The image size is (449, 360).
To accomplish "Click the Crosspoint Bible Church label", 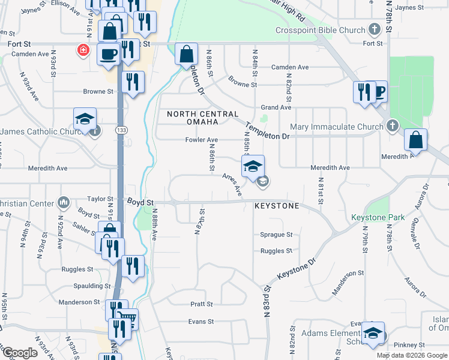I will coord(320,30).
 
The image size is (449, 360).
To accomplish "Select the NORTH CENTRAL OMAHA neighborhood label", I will coord(202,114).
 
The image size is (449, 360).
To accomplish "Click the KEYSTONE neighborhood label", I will coord(276,206).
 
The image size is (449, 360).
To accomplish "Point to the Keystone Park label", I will coord(379,217).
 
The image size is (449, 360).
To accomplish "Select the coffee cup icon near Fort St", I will coord(109,53).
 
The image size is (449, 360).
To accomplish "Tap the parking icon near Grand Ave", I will coord(379,92).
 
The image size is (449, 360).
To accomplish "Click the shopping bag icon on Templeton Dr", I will coord(187,53).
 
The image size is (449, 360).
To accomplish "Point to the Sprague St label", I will coord(276,235).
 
